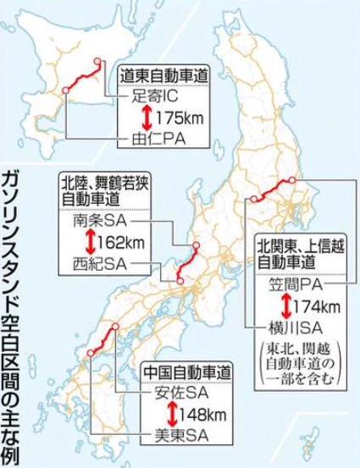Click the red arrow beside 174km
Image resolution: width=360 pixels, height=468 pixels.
coord(284,306)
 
